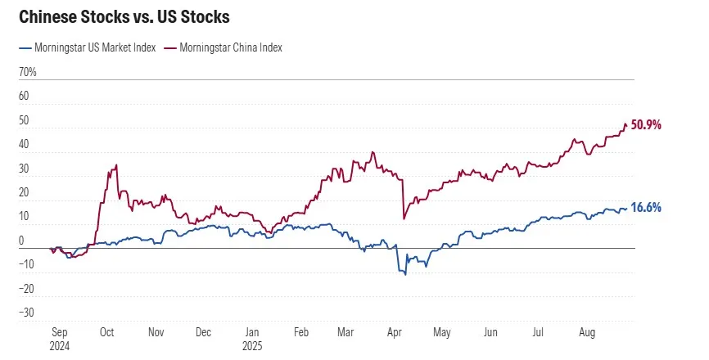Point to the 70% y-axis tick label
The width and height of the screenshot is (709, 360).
tap(27, 73)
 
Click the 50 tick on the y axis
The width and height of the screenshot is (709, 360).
tap(25, 121)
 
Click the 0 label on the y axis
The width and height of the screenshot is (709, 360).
tap(24, 241)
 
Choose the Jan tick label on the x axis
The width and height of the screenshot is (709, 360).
tap(253, 333)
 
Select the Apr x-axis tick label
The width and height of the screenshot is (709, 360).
tap(394, 333)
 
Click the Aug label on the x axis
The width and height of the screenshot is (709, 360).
tap(586, 333)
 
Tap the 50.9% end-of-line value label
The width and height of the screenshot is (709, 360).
tap(645, 125)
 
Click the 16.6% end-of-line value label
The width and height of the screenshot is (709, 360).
tap(645, 208)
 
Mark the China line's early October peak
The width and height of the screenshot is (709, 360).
tap(116, 165)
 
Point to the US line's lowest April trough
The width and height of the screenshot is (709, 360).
tap(405, 273)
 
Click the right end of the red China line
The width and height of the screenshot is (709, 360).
tap(627, 125)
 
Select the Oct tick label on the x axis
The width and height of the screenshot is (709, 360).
tap(107, 333)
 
